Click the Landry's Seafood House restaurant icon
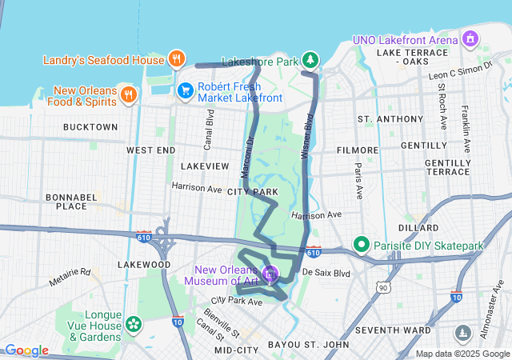[177, 58]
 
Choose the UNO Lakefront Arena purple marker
[470, 38]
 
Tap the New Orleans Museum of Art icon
[272, 274]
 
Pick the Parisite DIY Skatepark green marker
[361, 245]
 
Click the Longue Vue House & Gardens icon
[133, 324]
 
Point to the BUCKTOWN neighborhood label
[90, 127]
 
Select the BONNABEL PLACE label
[71, 201]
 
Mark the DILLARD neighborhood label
[418, 227]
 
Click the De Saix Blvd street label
[326, 273]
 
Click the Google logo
[26, 350]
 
